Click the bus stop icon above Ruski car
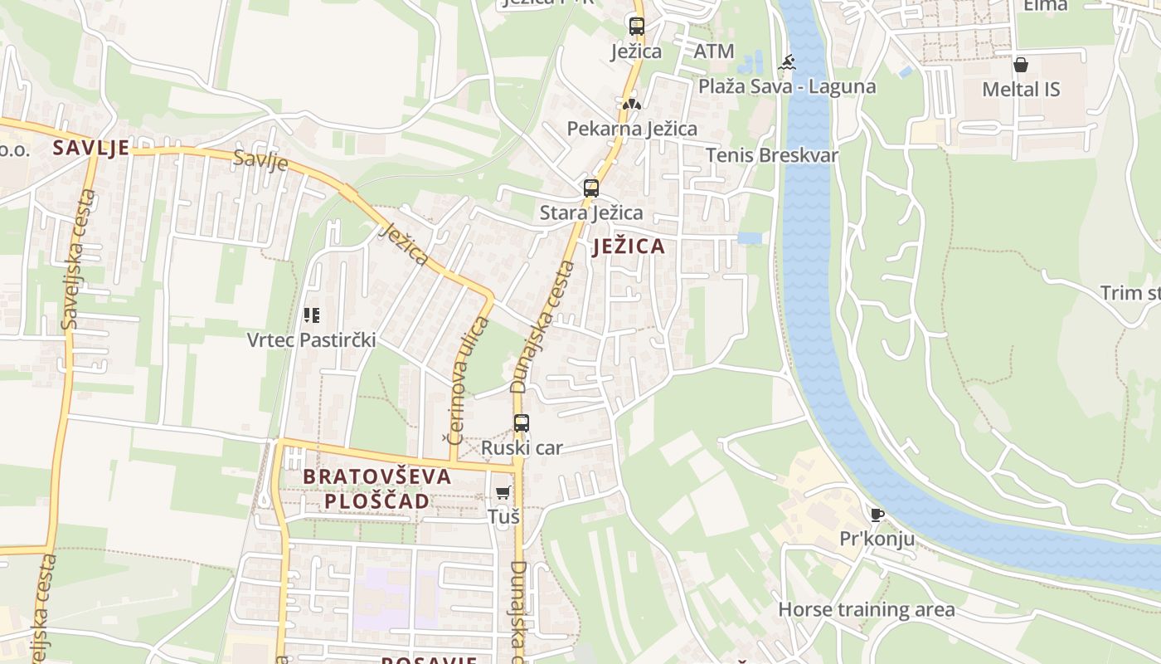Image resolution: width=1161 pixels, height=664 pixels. click(x=521, y=423)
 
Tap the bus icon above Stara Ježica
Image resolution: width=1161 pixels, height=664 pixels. click(x=590, y=188)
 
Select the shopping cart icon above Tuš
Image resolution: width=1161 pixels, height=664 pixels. click(x=503, y=492)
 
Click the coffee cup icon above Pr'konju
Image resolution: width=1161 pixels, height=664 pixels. click(x=877, y=515)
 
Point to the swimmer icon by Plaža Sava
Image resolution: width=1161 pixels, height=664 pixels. click(x=786, y=62)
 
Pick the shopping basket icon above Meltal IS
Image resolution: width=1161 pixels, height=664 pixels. click(x=1021, y=65)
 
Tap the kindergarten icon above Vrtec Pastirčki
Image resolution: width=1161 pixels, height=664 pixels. click(x=312, y=315)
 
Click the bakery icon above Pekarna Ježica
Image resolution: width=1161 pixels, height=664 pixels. click(x=632, y=105)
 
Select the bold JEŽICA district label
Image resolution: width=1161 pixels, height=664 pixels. click(x=629, y=247)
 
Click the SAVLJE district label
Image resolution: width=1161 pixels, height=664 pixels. click(x=91, y=148)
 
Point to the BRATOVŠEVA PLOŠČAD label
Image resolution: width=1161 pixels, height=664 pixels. click(x=377, y=489)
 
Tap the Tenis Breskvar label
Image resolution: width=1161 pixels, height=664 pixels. click(x=772, y=155)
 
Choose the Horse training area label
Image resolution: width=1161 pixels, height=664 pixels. click(x=866, y=610)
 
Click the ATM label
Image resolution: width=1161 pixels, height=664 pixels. click(x=714, y=51)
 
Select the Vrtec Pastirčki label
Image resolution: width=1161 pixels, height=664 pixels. click(x=312, y=339)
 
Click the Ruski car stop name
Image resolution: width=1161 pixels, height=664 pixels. click(x=522, y=448)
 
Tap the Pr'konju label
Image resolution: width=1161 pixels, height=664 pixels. click(x=877, y=539)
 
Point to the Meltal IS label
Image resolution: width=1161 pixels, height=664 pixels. click(x=1021, y=89)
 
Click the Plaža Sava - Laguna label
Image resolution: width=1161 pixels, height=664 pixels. click(x=786, y=86)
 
